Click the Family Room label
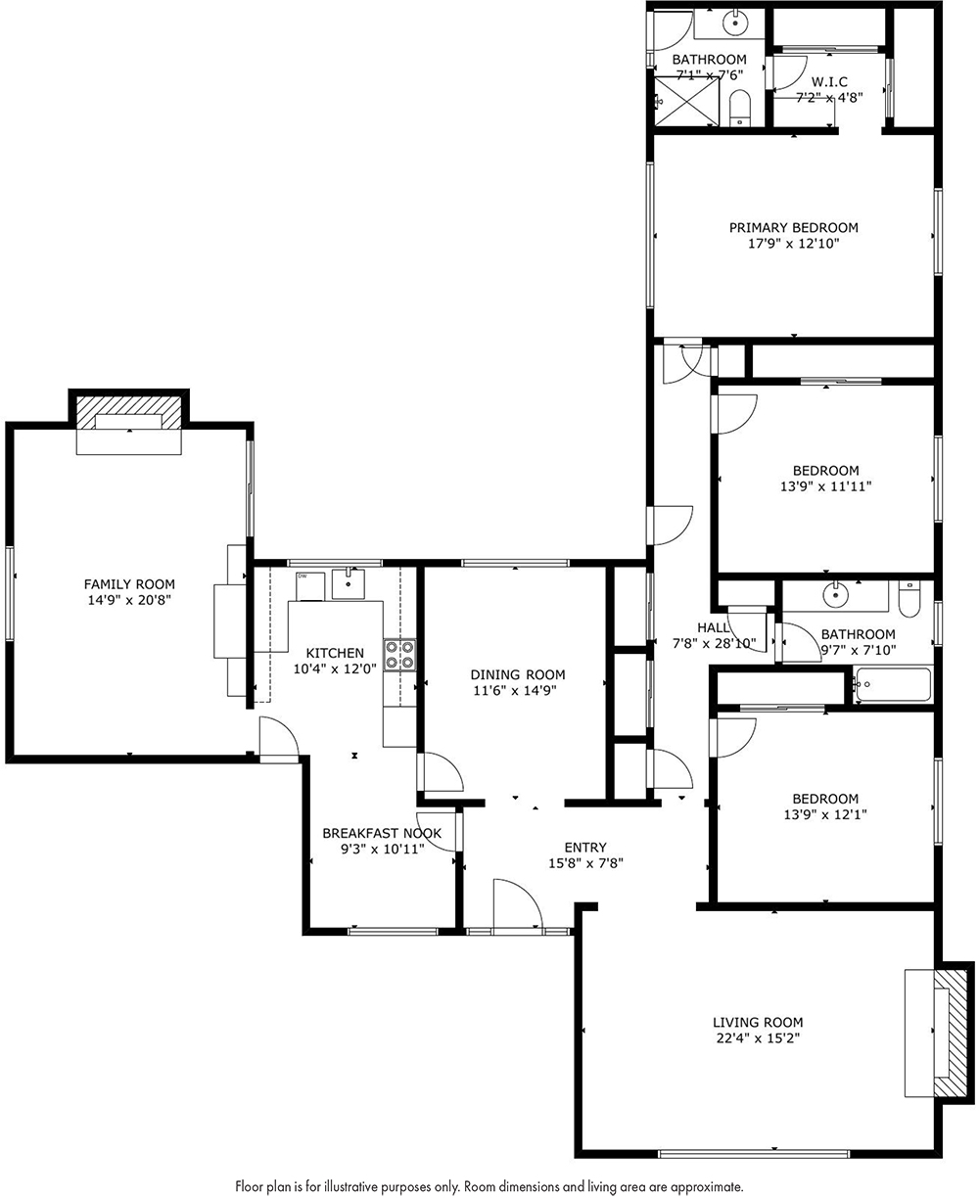pyautogui.click(x=129, y=584)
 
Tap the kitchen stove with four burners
pyautogui.click(x=399, y=655)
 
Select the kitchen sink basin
pyautogui.click(x=348, y=583)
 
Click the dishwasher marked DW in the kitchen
pyautogui.click(x=309, y=586)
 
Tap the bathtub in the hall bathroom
pyautogui.click(x=893, y=684)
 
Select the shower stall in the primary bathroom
pyautogui.click(x=687, y=102)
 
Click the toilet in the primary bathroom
pyautogui.click(x=740, y=108)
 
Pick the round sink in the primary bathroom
pyautogui.click(x=734, y=23)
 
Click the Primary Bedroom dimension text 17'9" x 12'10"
pyautogui.click(x=794, y=244)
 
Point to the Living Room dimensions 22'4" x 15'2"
pyautogui.click(x=758, y=1038)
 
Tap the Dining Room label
pyautogui.click(x=518, y=674)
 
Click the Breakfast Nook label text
pyautogui.click(x=382, y=833)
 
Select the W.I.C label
pyautogui.click(x=829, y=82)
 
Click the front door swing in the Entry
pyautogui.click(x=518, y=904)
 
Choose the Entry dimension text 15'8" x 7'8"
pyautogui.click(x=585, y=863)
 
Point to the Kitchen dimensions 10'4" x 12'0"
pyautogui.click(x=335, y=669)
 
